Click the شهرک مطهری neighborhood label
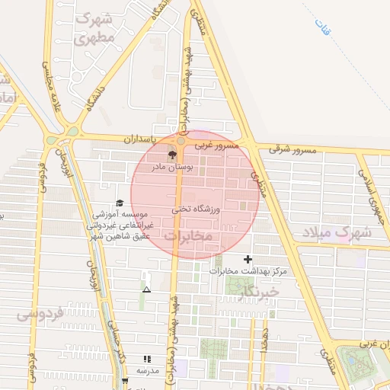(98, 27)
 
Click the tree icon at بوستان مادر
(172, 154)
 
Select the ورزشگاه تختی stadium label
(194, 207)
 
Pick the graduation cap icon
(119, 203)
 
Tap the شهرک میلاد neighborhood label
(336, 231)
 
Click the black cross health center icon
(247, 260)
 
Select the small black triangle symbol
(146, 289)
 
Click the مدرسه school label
(147, 370)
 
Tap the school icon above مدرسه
(146, 359)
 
